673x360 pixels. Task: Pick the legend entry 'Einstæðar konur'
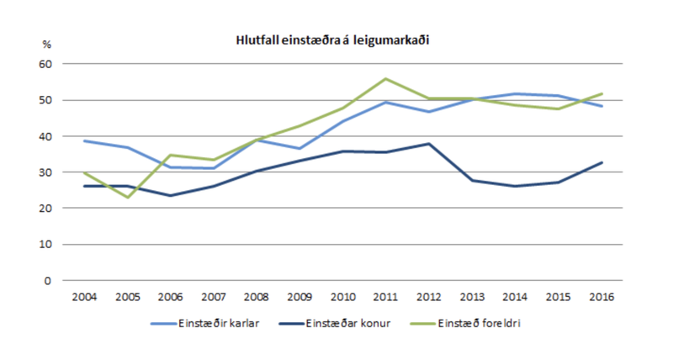coord(345,323)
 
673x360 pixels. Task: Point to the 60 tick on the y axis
coord(46,64)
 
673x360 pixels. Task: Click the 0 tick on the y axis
coord(49,281)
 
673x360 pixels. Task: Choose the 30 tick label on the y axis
coord(46,172)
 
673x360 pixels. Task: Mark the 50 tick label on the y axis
coord(46,100)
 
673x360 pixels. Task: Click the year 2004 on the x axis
coord(84,297)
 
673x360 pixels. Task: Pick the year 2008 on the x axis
coord(257,297)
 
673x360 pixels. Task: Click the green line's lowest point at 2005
coord(127,198)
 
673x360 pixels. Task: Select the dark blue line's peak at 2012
coord(429,144)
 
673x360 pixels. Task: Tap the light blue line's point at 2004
coord(84,140)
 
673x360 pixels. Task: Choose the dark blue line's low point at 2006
coord(171,196)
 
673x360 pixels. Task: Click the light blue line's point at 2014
coord(516,93)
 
